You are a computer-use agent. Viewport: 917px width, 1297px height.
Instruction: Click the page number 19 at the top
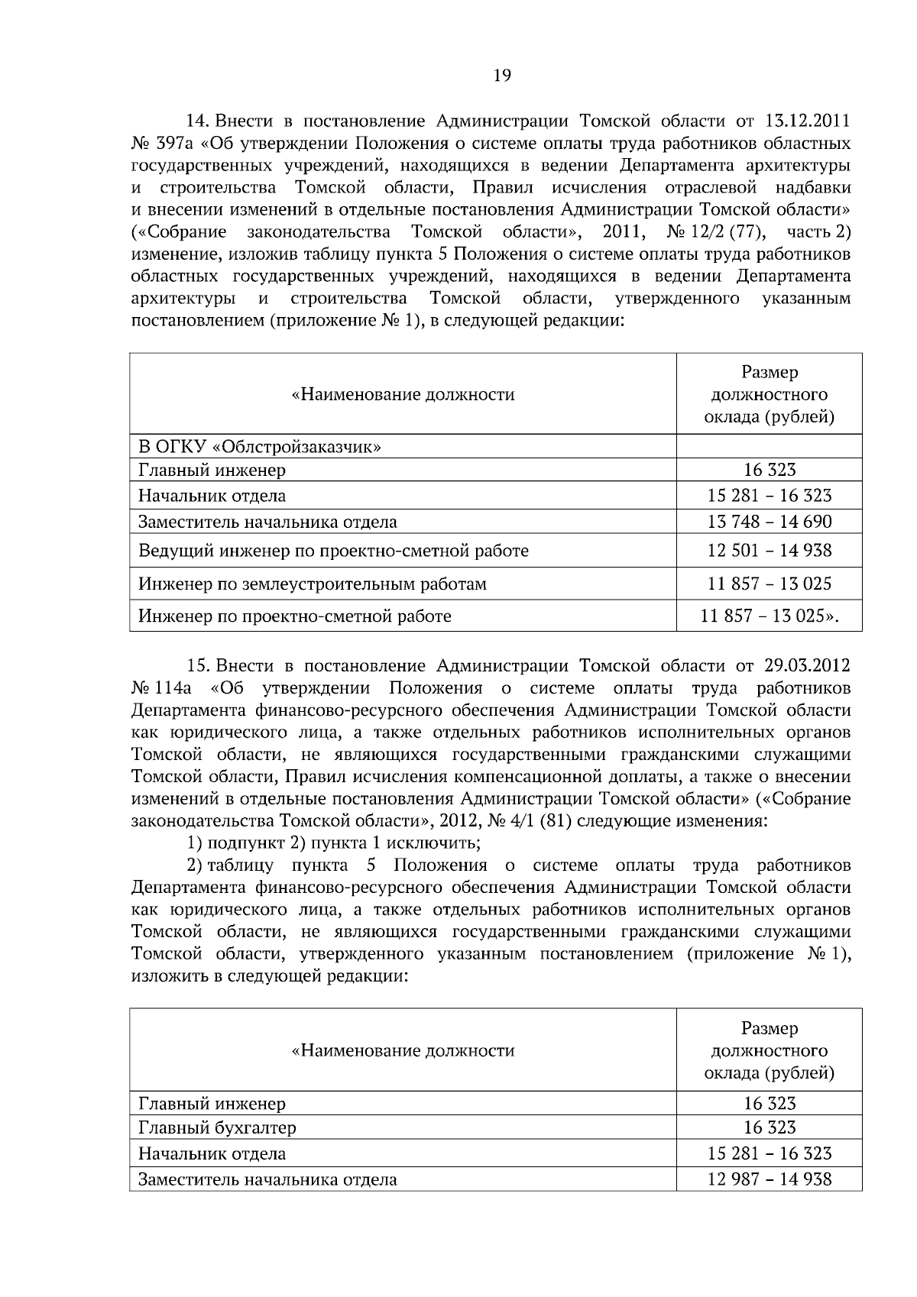tap(502, 75)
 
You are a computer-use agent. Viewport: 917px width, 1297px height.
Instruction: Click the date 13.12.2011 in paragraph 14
tap(806, 121)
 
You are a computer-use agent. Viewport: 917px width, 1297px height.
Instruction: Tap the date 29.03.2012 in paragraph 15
tap(806, 666)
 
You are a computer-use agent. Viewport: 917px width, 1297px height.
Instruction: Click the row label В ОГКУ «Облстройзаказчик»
tap(260, 447)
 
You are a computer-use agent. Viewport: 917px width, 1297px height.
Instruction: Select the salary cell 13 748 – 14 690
tap(769, 522)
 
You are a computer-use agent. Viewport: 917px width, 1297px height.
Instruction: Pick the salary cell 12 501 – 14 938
tap(769, 551)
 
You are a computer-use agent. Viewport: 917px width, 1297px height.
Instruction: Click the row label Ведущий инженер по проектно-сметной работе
tap(333, 551)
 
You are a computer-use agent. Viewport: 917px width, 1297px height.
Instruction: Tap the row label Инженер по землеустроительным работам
tap(312, 584)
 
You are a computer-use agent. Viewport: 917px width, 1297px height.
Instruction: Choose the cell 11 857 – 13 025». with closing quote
tap(769, 616)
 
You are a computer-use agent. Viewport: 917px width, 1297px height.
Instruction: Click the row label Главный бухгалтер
tap(217, 1127)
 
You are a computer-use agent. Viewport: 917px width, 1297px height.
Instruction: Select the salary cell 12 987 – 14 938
tap(769, 1179)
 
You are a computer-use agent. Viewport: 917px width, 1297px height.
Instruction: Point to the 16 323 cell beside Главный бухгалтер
tap(769, 1127)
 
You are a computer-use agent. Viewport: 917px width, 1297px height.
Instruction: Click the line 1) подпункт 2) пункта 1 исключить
tap(333, 843)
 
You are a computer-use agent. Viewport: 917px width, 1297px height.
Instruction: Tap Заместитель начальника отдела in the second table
tap(267, 1179)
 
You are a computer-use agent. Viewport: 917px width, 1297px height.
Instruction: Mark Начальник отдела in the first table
tap(212, 496)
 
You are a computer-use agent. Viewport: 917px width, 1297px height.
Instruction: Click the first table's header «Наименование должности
tap(403, 395)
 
